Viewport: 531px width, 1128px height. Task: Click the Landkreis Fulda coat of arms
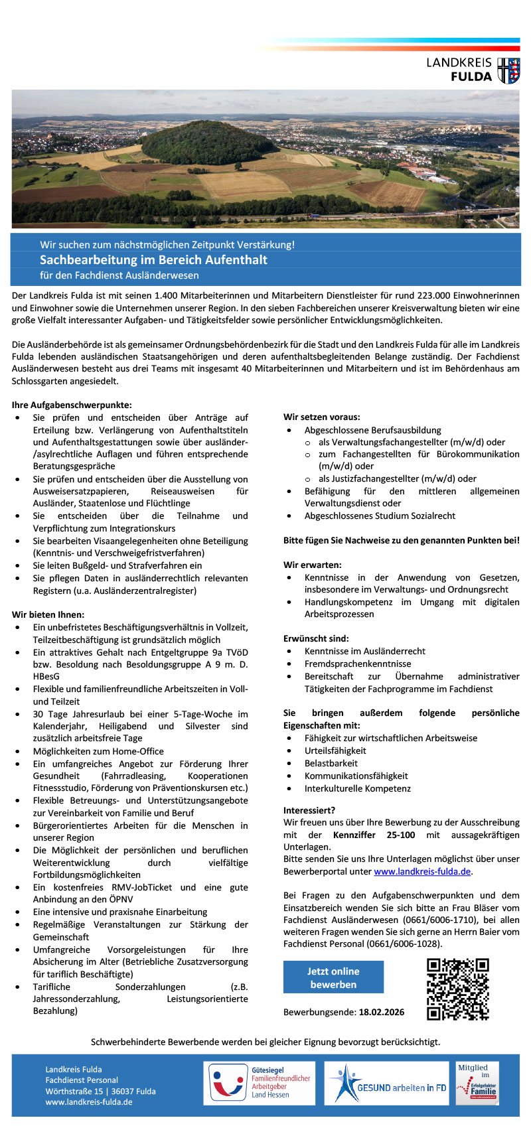pos(509,70)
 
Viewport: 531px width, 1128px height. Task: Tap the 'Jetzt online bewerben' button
pos(333,977)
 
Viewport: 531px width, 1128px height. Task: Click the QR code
pos(457,989)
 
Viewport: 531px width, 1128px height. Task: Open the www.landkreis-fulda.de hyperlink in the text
pos(422,871)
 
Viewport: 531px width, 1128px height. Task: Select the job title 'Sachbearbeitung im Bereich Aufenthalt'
pos(153,259)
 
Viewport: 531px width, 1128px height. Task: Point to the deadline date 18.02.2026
pos(382,1012)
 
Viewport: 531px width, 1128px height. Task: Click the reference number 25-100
pos(401,835)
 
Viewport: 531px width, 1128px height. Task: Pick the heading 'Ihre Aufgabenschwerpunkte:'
pos(72,405)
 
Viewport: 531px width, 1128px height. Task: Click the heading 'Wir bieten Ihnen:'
pos(48,614)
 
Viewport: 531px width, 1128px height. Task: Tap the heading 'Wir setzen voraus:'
pos(322,417)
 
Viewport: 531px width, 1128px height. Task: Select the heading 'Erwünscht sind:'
pos(316,638)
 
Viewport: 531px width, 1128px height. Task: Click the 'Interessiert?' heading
pos(309,810)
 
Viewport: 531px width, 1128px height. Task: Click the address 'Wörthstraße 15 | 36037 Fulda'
pos(101,1091)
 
